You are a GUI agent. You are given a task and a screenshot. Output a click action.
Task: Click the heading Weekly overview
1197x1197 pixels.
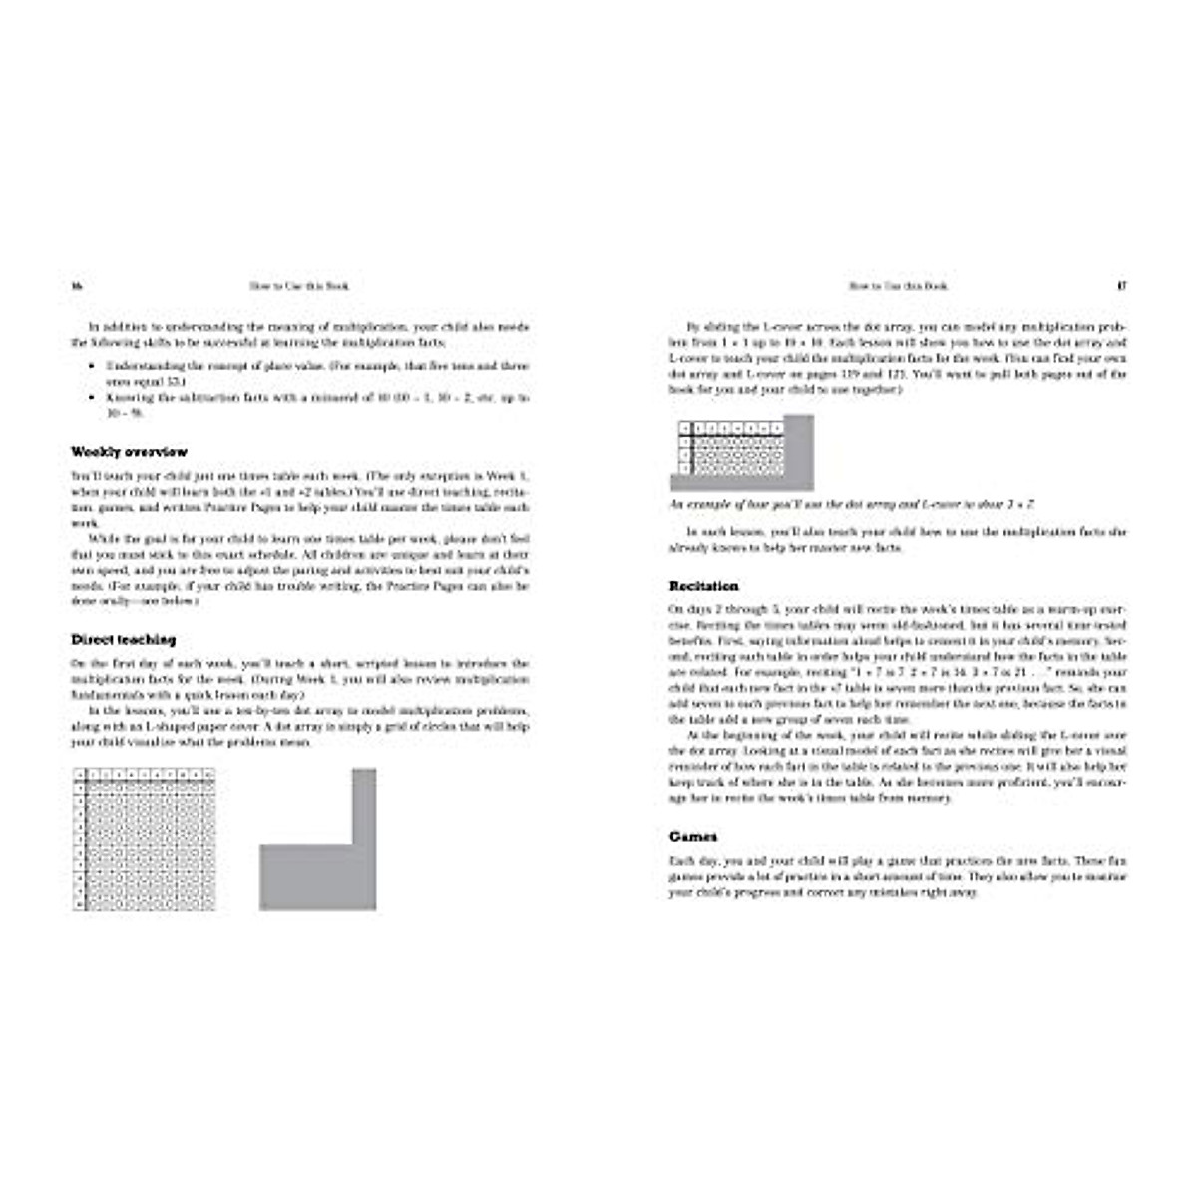(129, 452)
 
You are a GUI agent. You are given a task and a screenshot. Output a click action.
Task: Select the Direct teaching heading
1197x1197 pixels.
(123, 639)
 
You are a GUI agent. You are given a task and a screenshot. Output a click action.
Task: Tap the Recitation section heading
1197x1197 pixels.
(703, 586)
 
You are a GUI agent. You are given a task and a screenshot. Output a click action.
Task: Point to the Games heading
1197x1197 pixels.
(692, 837)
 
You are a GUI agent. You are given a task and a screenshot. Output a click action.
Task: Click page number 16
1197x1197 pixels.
(75, 286)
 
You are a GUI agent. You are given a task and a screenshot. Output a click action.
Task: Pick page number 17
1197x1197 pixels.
(1121, 286)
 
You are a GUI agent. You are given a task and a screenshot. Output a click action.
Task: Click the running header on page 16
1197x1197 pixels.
(298, 286)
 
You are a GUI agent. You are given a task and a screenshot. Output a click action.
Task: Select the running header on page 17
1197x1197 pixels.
(897, 286)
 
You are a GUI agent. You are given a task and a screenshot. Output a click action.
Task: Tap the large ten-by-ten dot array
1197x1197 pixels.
(146, 839)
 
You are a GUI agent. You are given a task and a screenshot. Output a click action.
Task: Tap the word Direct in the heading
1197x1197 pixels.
(94, 639)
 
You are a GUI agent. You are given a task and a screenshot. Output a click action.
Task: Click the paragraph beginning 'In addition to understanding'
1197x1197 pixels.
(299, 334)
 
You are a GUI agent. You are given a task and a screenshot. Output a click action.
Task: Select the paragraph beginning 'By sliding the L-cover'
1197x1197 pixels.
(898, 358)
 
